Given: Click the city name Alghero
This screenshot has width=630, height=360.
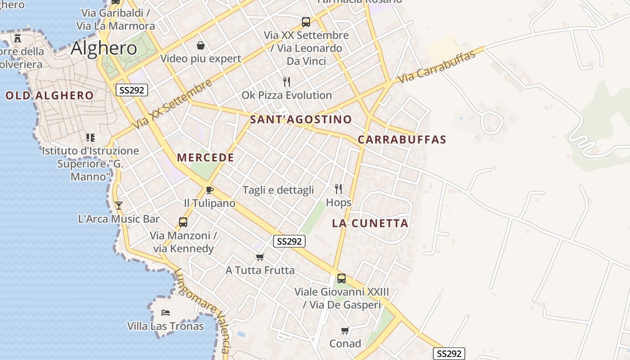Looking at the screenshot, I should pos(104,49).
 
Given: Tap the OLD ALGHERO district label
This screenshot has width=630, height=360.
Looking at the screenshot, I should pos(49,95).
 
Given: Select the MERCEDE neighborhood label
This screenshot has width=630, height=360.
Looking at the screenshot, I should pos(205,157).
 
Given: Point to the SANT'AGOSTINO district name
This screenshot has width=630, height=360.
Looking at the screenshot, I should pos(301,119).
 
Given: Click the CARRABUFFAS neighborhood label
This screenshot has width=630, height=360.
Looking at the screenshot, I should pos(402,139).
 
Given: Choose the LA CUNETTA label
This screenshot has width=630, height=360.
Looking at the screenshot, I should pos(370,223).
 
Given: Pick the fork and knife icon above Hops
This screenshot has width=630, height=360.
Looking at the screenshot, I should pos(338,189).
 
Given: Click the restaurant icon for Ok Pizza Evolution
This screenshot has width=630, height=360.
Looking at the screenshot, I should pos(287,81).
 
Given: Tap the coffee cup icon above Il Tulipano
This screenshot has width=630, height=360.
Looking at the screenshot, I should pos(209,190).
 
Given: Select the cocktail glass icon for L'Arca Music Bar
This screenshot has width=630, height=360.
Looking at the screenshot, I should pos(119,206).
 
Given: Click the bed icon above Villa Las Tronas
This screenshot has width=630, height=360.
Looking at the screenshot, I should pos(166,312).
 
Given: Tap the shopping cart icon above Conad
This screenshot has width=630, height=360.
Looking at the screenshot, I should pos(345,331).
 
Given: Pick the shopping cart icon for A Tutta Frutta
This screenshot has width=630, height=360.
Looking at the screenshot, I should pos(260,257).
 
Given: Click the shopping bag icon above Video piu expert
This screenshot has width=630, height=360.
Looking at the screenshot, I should pos(201,45).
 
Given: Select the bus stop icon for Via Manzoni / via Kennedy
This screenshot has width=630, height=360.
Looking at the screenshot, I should pos(183,222).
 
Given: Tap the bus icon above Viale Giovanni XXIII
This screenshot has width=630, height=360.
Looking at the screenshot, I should pos(342,279).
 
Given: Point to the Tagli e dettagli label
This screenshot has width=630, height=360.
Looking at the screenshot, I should pos(278,190).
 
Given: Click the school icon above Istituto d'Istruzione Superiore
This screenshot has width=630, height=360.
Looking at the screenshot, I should pos(90,137).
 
